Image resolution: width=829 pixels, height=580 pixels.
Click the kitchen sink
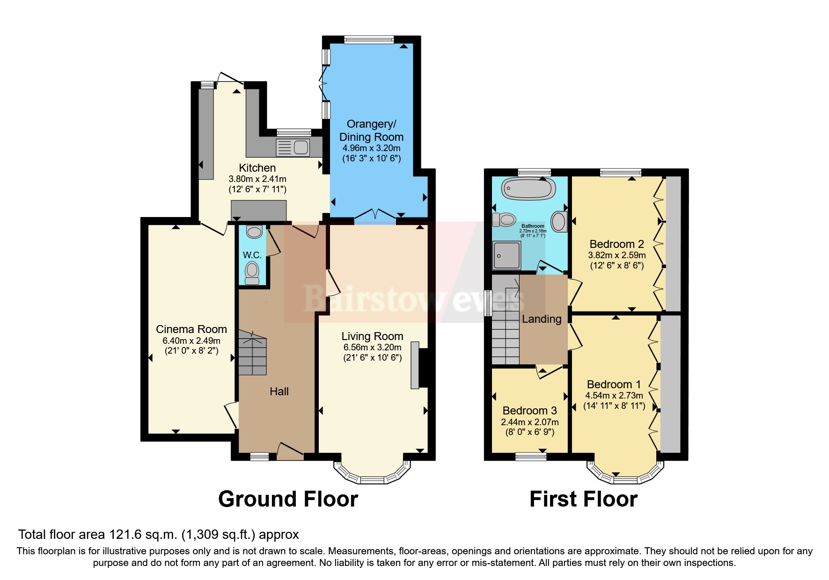[293, 147]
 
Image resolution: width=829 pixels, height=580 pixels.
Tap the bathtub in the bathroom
[528, 189]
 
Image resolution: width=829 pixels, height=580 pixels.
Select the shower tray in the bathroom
[506, 255]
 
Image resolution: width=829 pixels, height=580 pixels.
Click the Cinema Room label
[191, 329]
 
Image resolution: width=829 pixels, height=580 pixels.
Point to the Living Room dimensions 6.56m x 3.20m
[372, 348]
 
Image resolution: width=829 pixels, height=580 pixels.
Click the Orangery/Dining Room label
[371, 130]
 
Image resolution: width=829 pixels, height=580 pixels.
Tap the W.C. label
[252, 255]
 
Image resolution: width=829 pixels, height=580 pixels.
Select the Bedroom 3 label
[529, 411]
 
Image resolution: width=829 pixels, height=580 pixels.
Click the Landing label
[542, 319]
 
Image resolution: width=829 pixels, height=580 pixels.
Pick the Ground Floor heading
[288, 499]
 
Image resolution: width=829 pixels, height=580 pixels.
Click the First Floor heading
[583, 499]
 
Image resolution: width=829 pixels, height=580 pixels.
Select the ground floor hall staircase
[253, 353]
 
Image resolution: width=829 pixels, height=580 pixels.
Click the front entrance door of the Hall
[290, 452]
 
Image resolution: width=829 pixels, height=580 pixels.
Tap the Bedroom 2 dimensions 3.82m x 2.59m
[616, 255]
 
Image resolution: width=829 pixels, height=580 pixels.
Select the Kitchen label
[257, 168]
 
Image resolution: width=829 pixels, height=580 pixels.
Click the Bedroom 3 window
[530, 457]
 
